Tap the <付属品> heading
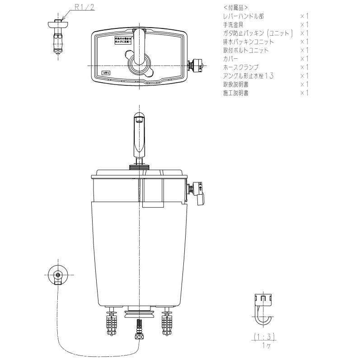click(x=235, y=8)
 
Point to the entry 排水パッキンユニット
click(x=248, y=42)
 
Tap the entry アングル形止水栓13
click(x=248, y=76)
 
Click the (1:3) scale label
click(x=264, y=337)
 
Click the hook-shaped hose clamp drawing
click(x=262, y=312)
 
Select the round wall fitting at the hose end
click(x=57, y=275)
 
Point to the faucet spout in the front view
click(x=139, y=136)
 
